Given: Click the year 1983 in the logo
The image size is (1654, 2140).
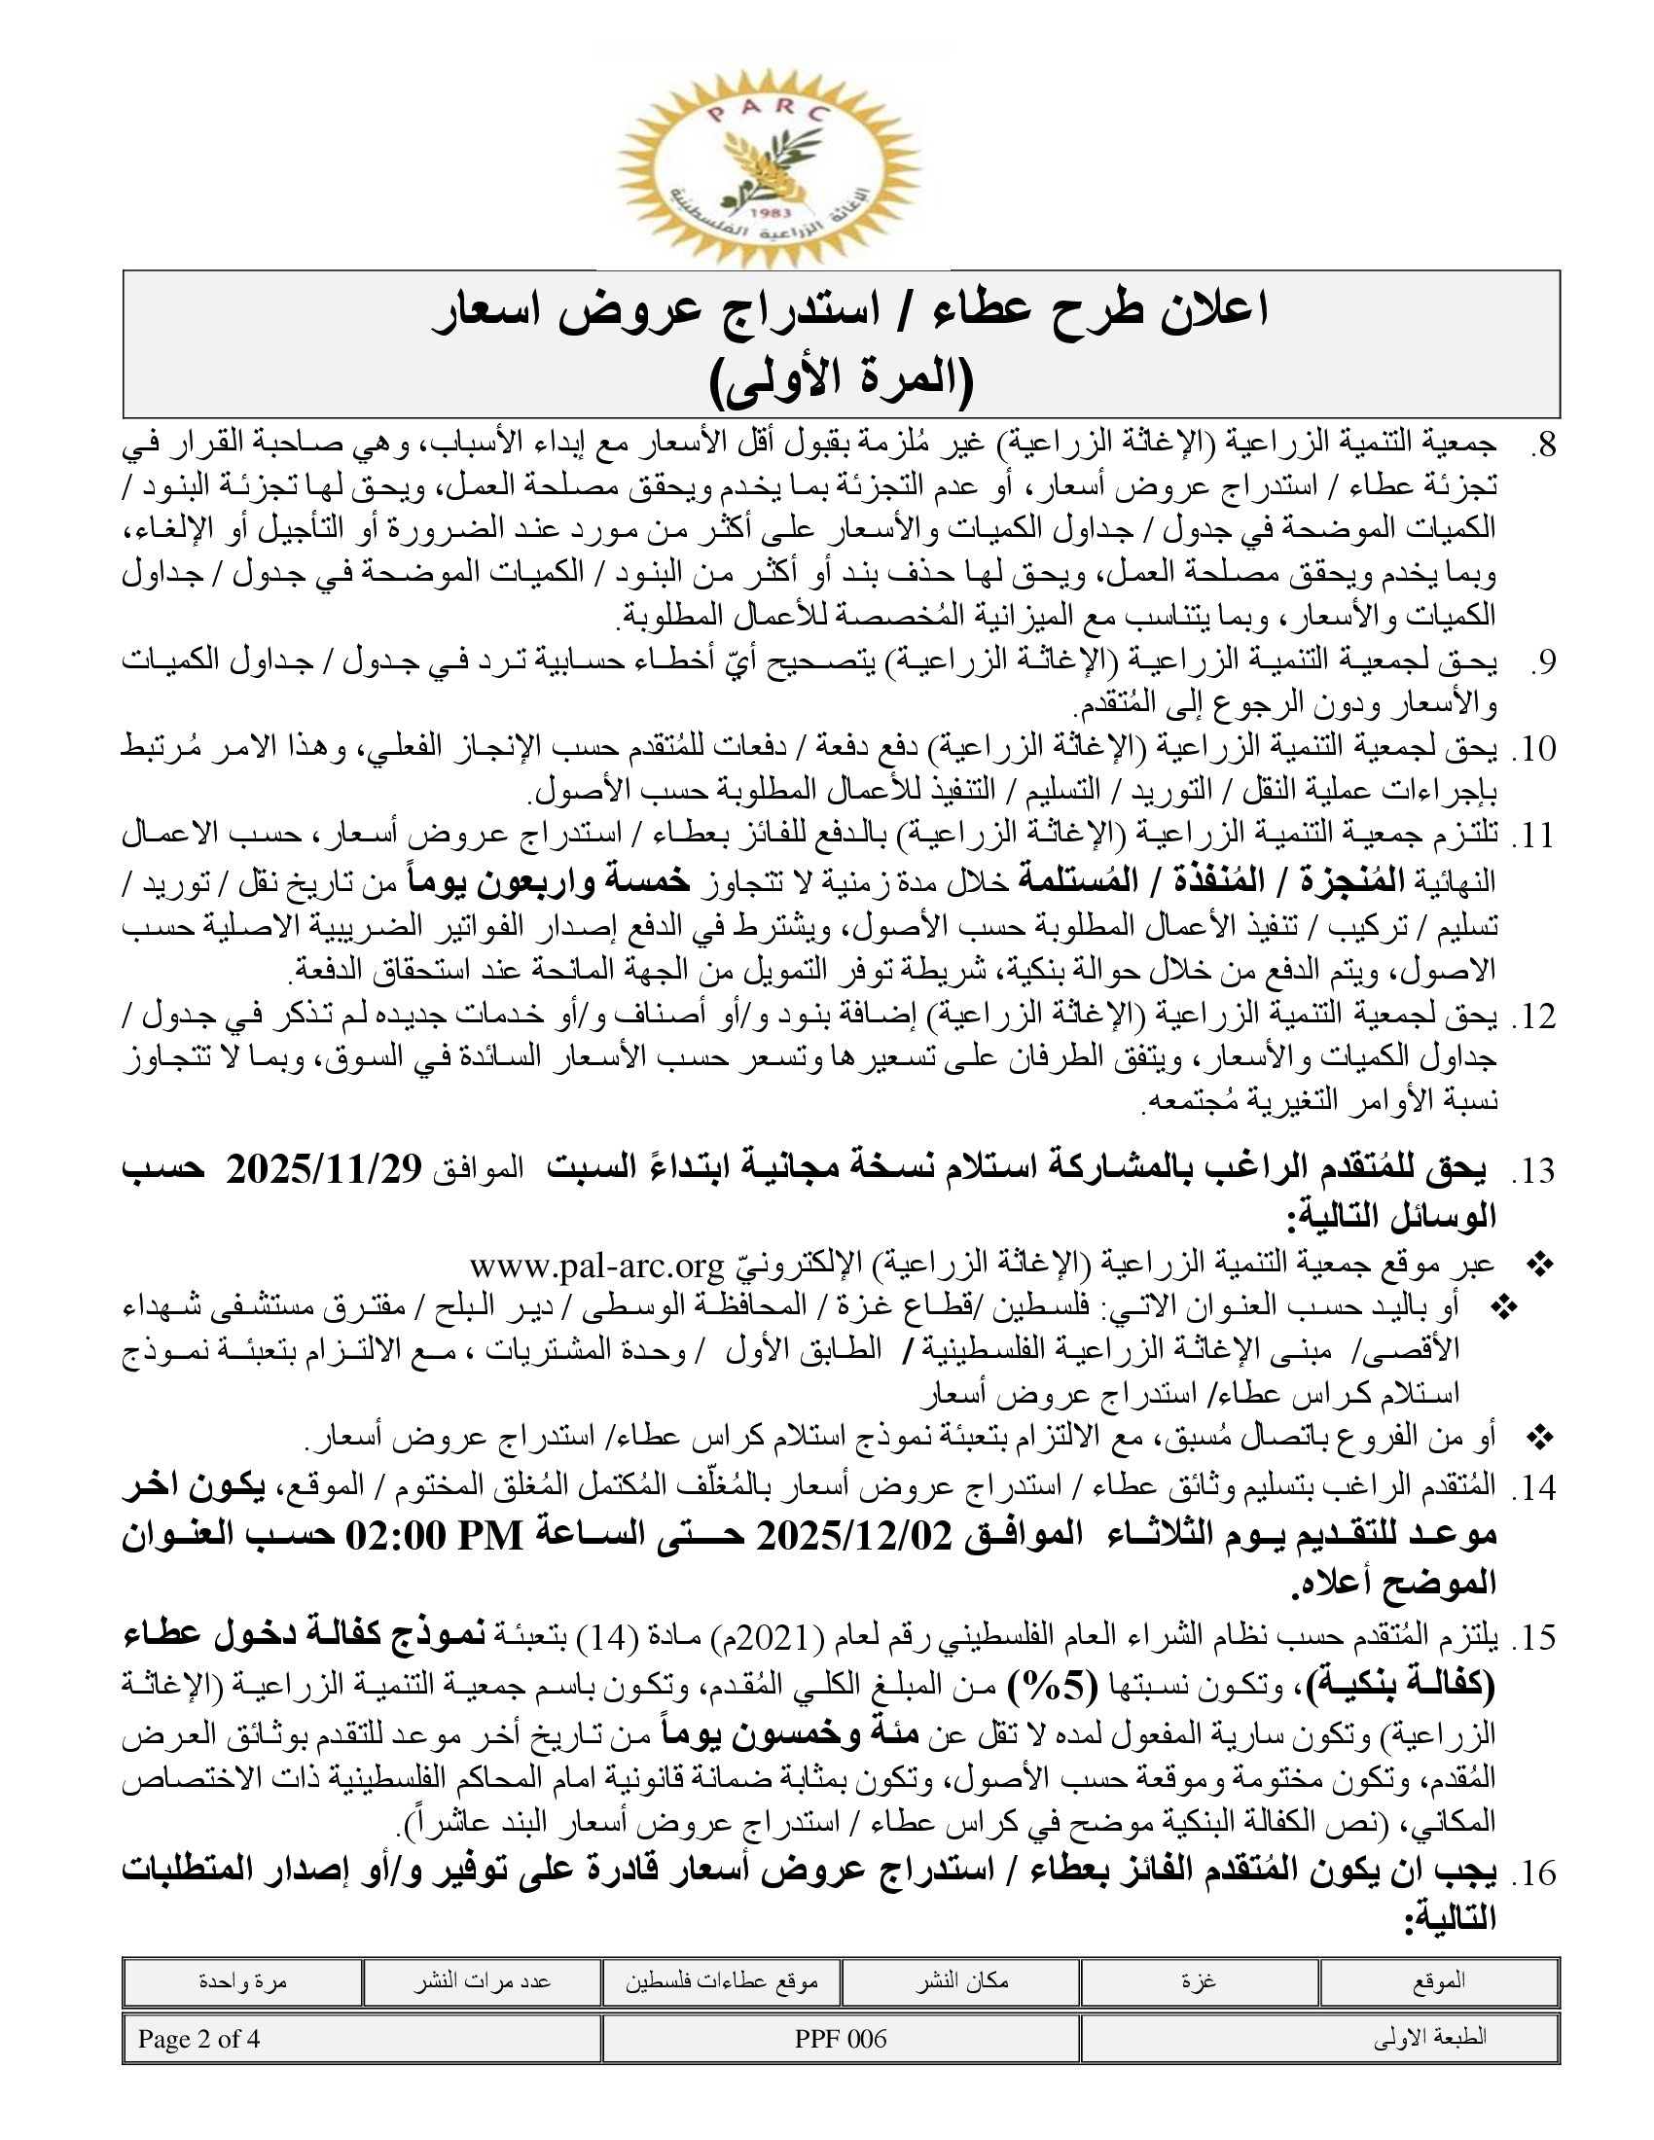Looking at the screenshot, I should coord(767,212).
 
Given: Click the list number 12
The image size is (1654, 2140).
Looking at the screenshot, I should coord(1535,1016).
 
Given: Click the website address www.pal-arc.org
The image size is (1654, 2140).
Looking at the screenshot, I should coord(595,1266).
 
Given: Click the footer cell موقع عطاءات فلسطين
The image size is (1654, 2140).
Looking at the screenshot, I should coord(721,1980).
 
